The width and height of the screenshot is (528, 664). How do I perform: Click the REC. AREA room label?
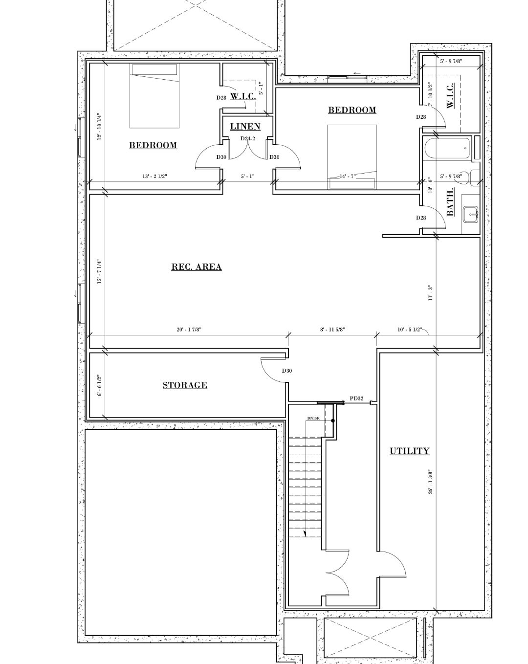(x=196, y=267)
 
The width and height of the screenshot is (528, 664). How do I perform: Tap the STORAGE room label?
(x=185, y=385)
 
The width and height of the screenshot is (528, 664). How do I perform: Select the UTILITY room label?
(x=409, y=451)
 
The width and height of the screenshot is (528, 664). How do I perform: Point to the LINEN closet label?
(x=245, y=127)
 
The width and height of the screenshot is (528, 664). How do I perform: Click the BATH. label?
(x=450, y=202)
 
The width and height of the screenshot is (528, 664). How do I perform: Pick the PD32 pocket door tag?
(x=356, y=398)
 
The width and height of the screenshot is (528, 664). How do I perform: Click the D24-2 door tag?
(x=247, y=138)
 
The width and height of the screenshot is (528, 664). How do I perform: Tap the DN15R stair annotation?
(x=313, y=419)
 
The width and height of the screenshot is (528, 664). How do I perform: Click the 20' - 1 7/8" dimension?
(x=189, y=330)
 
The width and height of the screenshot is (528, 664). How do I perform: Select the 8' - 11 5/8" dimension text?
(x=332, y=330)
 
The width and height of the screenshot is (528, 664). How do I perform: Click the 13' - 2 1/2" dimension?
(x=154, y=176)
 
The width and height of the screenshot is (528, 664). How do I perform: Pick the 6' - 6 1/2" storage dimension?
(x=99, y=386)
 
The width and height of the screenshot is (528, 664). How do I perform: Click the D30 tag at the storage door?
(x=286, y=371)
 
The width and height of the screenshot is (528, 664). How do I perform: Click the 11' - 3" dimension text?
(x=431, y=293)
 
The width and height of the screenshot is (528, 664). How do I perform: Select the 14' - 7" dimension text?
(x=348, y=176)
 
